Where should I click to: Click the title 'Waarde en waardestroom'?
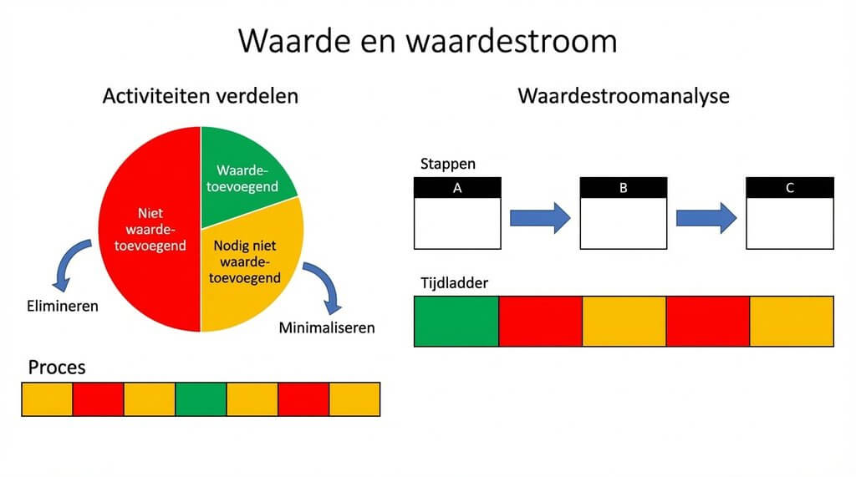(x=427, y=40)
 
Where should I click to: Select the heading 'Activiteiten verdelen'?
(x=200, y=96)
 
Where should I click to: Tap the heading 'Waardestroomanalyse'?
(x=623, y=96)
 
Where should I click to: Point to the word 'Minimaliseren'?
(x=326, y=327)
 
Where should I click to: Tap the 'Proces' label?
(x=57, y=368)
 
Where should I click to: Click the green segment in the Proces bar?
(x=201, y=399)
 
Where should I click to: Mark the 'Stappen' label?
(x=448, y=164)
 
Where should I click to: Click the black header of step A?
(x=457, y=188)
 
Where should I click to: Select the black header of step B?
(x=623, y=188)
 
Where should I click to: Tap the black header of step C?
(x=789, y=188)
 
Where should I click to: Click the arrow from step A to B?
(x=540, y=218)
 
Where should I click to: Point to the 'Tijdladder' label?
(x=454, y=282)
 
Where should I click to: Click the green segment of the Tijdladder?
(x=456, y=321)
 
